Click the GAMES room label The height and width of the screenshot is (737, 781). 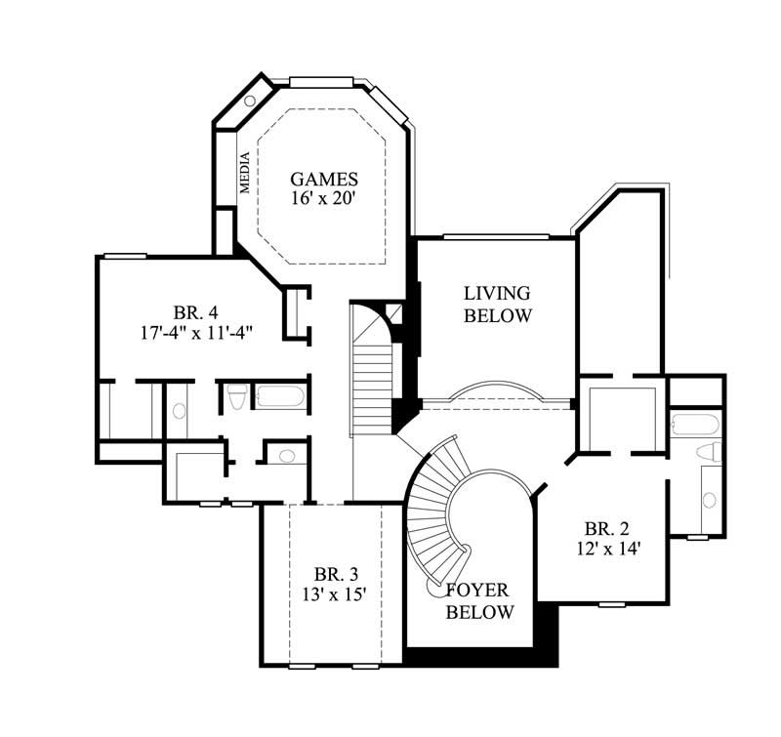(x=324, y=180)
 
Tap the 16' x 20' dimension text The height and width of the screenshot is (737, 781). (x=324, y=199)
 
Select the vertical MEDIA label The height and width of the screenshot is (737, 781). (x=245, y=175)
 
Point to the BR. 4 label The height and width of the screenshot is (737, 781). (x=195, y=313)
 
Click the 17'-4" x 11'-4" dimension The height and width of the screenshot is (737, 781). (x=196, y=332)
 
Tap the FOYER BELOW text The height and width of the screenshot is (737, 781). (x=479, y=601)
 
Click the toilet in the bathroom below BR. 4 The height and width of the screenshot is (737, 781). (x=235, y=396)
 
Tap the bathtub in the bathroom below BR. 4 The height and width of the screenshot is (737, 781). (x=280, y=397)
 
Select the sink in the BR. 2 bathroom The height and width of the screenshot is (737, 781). (x=710, y=500)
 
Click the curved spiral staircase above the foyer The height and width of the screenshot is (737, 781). (x=434, y=508)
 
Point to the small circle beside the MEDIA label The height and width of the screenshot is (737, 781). (x=250, y=101)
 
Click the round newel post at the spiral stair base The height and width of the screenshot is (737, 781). (x=434, y=590)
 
